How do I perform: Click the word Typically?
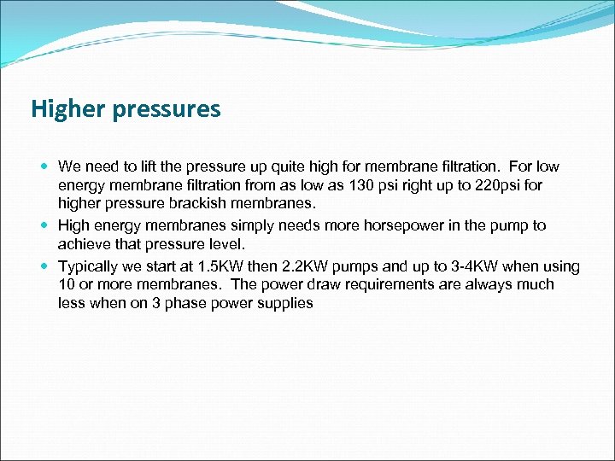(90, 266)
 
